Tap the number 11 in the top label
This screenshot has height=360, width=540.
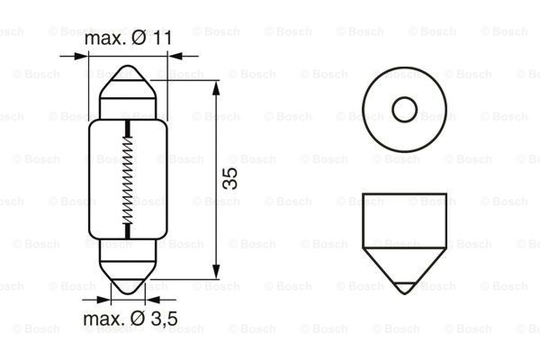(x=160, y=40)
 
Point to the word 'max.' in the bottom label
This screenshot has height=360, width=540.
(x=103, y=319)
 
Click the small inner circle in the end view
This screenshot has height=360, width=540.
(x=403, y=110)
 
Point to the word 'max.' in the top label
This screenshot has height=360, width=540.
(x=103, y=40)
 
